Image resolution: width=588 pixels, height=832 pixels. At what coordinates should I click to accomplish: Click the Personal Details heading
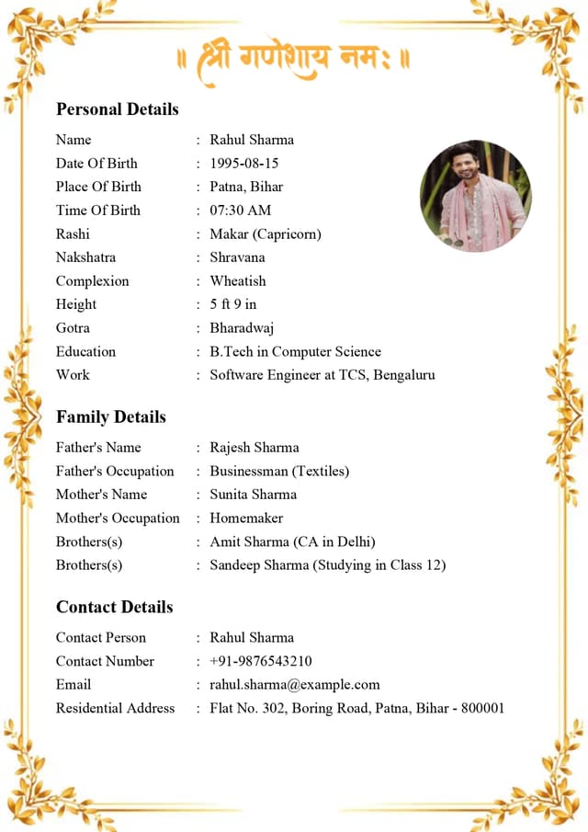coord(117,109)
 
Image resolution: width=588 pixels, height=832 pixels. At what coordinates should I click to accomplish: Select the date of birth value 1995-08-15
coord(243,164)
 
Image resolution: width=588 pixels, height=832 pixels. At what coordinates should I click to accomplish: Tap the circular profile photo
coord(475,196)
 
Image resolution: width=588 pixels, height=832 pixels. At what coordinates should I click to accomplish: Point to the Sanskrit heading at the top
coord(294,60)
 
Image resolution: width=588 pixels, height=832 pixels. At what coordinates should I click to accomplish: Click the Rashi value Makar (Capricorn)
coord(265,234)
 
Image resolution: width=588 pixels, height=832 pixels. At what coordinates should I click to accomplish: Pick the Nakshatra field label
coord(85,257)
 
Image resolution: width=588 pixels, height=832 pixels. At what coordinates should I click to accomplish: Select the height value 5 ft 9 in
coord(232,304)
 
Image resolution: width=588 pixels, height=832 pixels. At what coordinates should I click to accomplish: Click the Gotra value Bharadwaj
coord(242,328)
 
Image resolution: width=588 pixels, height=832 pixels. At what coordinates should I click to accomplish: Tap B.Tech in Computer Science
coord(295,352)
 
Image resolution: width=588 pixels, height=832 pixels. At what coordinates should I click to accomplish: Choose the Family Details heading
coord(110,417)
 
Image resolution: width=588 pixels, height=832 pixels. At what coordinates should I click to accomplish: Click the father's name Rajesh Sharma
coord(254,448)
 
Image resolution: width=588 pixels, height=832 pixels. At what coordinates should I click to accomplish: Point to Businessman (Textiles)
coord(279,472)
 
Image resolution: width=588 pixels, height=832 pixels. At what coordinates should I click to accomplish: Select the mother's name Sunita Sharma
coord(253,495)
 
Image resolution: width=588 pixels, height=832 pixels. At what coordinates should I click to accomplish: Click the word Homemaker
coord(246,519)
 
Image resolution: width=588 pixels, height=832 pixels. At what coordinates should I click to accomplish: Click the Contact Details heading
coord(114,608)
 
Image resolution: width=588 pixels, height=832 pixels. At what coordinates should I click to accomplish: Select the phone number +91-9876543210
coord(260,661)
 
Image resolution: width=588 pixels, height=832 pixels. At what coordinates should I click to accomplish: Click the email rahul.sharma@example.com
coord(294,685)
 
